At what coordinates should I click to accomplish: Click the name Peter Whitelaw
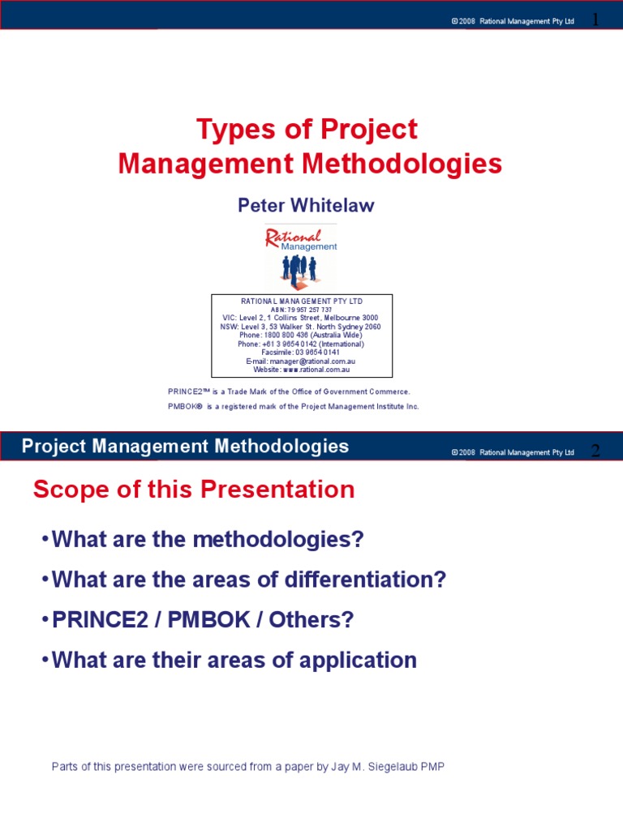point(306,205)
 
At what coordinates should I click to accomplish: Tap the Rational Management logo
point(300,257)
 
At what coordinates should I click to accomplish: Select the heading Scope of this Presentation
point(193,490)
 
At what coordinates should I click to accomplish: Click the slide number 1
point(595,19)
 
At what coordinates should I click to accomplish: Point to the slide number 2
point(595,451)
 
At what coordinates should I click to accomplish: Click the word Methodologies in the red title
point(403,164)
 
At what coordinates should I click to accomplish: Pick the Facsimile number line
point(301,353)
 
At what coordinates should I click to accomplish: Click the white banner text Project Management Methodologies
point(185,446)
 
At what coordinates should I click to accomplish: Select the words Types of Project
point(307,129)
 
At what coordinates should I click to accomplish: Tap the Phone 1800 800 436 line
point(301,335)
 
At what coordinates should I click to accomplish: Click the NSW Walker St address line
point(300,327)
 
